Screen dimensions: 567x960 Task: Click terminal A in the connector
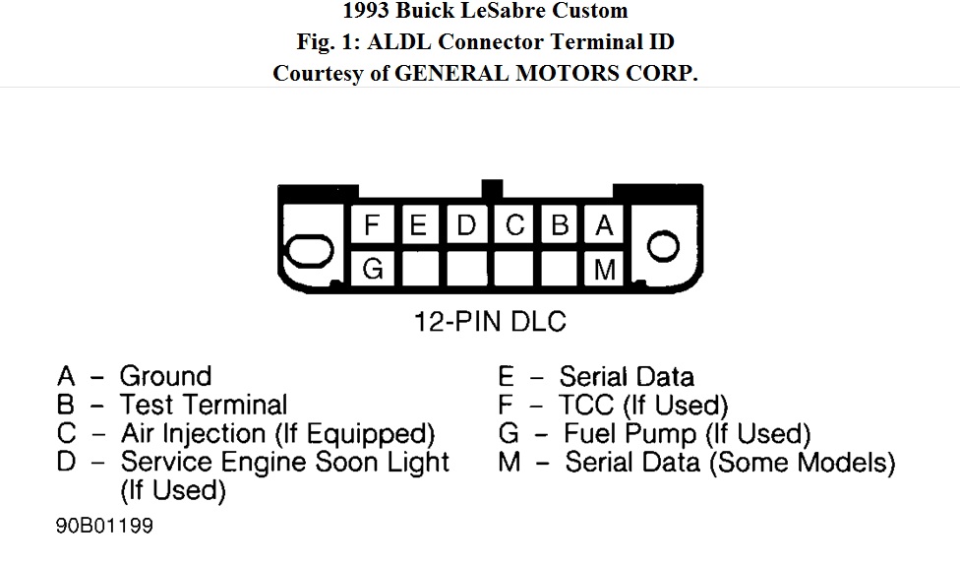(604, 225)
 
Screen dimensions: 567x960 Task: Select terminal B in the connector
(559, 225)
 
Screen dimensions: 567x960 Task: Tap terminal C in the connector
(513, 225)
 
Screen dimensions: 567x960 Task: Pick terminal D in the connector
(466, 225)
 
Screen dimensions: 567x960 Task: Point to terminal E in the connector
(419, 225)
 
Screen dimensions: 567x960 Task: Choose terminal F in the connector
(372, 225)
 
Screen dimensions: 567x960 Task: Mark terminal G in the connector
(372, 269)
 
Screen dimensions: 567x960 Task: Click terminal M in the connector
(604, 269)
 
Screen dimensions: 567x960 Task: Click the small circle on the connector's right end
(663, 246)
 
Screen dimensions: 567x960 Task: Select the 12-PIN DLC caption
(490, 321)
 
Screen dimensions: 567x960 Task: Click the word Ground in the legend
(165, 376)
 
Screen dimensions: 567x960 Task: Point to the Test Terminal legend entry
(203, 405)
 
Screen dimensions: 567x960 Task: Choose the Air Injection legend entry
(277, 433)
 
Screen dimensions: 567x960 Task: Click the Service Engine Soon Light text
(284, 462)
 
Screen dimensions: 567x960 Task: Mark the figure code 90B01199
(104, 526)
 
